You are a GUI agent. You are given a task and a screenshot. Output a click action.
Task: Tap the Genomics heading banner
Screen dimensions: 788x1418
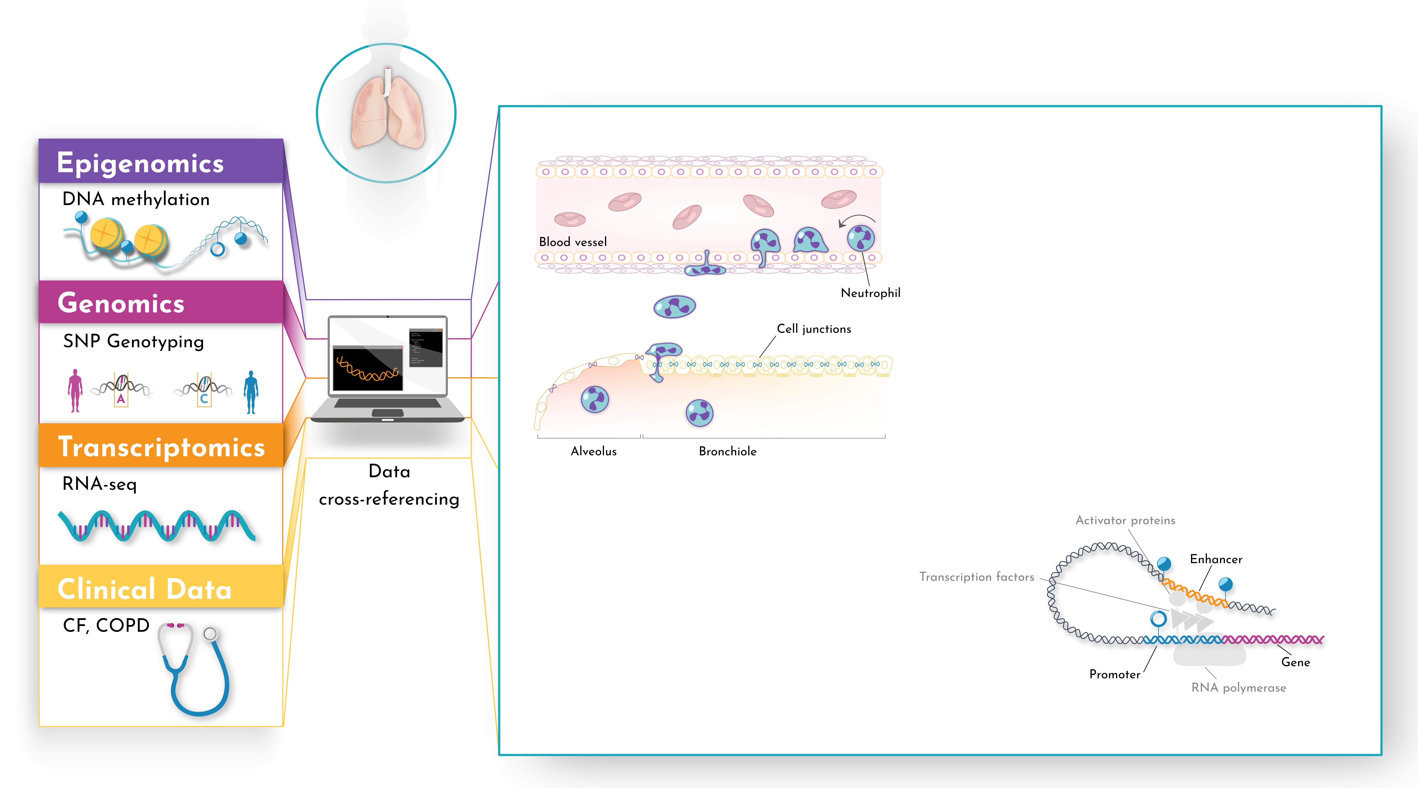[121, 303]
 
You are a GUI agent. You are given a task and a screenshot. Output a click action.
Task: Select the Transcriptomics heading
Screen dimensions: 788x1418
[161, 447]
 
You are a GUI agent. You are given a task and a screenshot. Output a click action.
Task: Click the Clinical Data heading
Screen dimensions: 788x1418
[145, 589]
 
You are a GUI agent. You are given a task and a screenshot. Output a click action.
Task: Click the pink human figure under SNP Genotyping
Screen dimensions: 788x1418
[75, 391]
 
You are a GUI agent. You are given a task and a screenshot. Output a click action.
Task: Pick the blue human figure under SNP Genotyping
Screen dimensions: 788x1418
[251, 392]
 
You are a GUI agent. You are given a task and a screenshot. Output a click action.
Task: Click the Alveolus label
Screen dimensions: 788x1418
[593, 451]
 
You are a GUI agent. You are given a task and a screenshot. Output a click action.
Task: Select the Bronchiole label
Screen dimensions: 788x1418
[727, 451]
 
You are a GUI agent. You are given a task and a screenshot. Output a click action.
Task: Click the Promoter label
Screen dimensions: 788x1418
[1115, 675]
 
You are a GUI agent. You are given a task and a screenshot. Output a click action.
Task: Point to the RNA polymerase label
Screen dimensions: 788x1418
[1239, 688]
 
